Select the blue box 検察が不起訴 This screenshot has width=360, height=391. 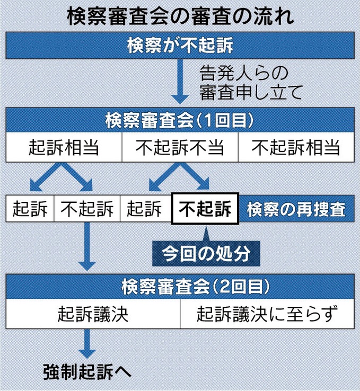(x=180, y=46)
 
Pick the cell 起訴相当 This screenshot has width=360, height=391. (x=64, y=147)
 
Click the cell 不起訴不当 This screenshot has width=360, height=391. (x=180, y=147)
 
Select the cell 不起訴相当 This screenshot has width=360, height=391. (x=296, y=147)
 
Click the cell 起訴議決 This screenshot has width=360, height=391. (x=93, y=315)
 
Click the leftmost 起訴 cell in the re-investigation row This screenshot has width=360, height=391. (x=30, y=210)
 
